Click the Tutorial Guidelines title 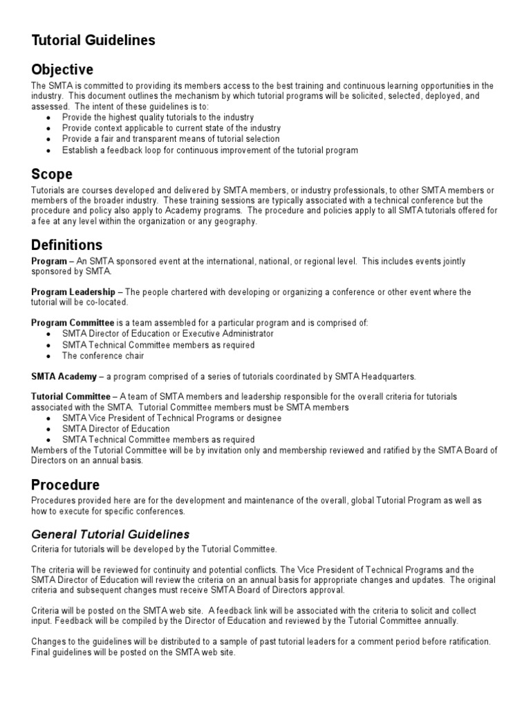93,41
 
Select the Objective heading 62,70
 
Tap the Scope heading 52,174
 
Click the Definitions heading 67,245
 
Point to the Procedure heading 66,485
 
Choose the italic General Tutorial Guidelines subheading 111,535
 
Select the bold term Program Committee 73,323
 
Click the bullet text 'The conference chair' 103,356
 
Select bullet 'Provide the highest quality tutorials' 158,118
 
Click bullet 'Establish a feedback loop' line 209,150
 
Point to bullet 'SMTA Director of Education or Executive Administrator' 167,334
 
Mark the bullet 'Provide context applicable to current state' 171,128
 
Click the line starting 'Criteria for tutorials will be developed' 154,549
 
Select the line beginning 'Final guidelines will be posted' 133,652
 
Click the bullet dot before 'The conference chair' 47,357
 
